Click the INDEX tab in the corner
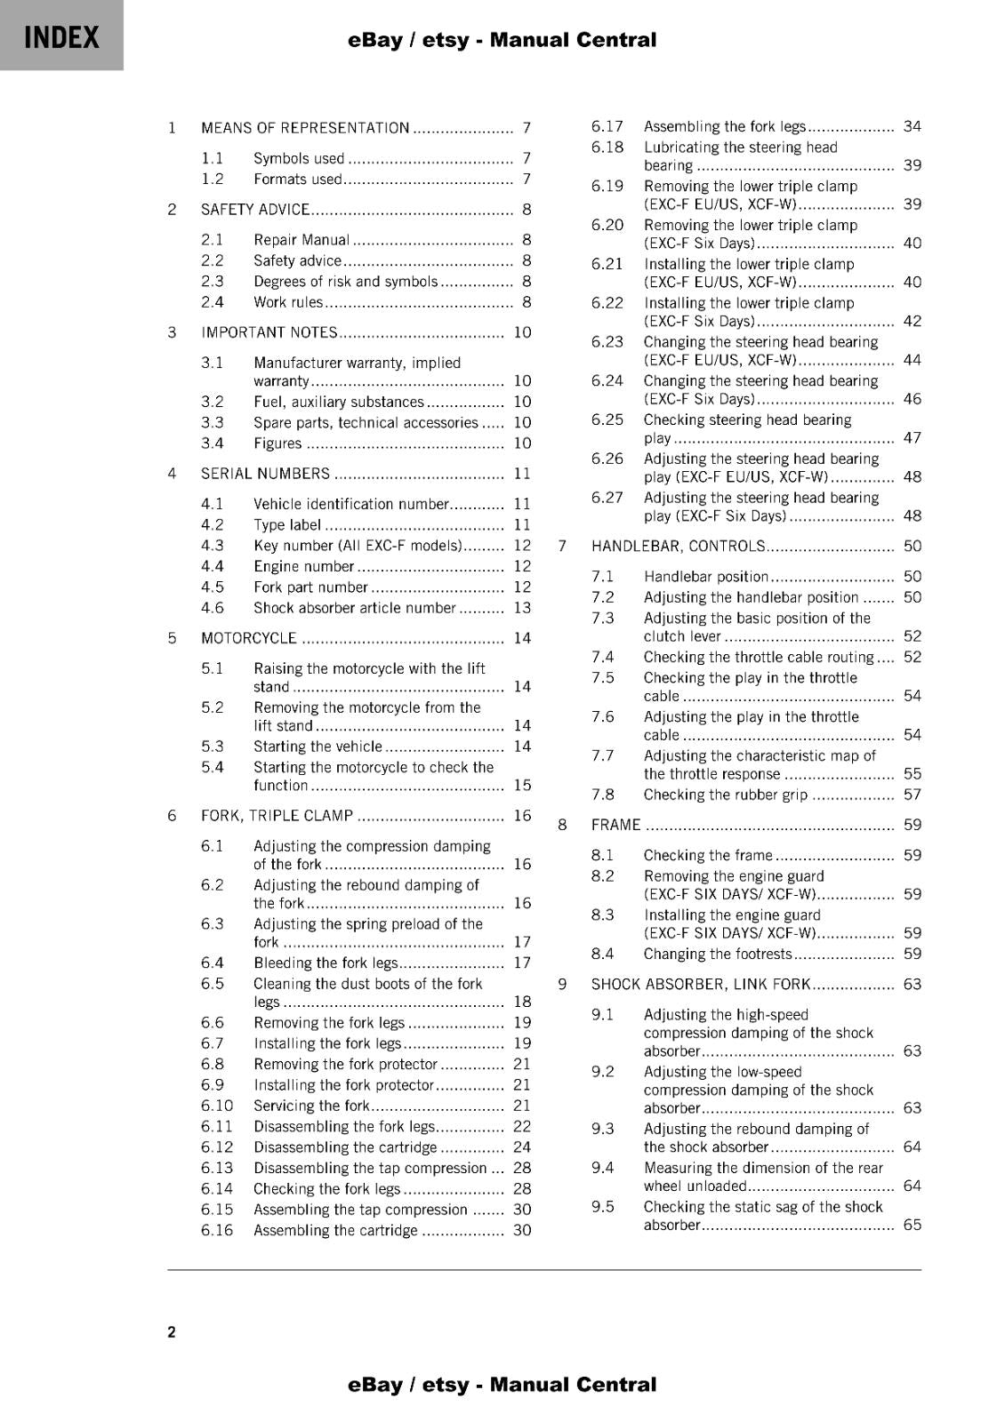61,37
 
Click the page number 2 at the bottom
172,1331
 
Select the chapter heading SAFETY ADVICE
255,210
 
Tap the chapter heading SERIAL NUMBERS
265,474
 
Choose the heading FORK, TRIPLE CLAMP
277,816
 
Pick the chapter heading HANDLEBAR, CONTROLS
678,546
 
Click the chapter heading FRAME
615,825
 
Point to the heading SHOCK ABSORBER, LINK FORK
701,984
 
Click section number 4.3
213,546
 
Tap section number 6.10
217,1106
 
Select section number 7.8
603,795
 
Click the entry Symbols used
299,158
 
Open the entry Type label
287,525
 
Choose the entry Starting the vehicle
318,747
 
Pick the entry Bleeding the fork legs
326,963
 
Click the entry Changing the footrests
717,954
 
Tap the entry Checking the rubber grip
725,795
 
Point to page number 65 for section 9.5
913,1225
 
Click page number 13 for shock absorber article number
522,608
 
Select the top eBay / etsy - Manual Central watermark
502,40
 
